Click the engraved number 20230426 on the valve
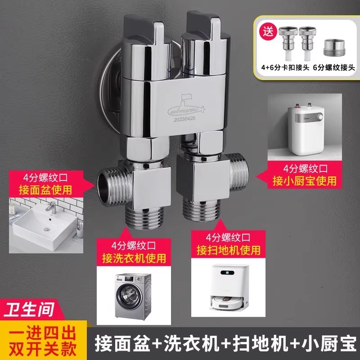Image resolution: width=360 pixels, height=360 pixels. coord(184,119)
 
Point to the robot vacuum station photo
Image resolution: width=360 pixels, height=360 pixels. coord(228,287)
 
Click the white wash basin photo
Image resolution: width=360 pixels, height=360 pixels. coord(46,225)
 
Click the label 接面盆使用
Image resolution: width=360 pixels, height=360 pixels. coord(45,190)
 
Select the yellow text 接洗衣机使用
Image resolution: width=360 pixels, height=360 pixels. coord(134,258)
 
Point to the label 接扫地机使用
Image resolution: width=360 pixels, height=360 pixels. coord(229,250)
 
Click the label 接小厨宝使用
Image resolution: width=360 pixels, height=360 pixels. coord(305,181)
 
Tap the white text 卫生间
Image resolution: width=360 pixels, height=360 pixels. coord(29,310)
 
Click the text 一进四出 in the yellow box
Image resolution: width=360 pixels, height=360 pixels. coord(42,333)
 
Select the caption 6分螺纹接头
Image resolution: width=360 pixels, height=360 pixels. coord(334,67)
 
